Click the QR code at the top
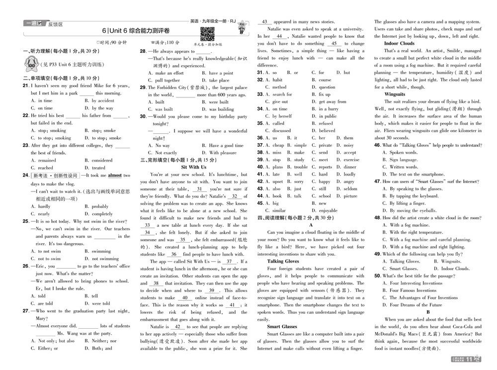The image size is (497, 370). [207, 34]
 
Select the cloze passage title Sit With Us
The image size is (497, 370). [193, 168]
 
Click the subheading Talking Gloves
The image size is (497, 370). [283, 261]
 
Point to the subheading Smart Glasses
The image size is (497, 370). [282, 327]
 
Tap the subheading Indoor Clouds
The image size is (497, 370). [399, 43]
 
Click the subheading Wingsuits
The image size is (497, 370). [395, 94]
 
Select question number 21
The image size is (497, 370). [25, 86]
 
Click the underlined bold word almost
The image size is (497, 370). [115, 176]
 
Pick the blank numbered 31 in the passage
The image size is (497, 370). [200, 189]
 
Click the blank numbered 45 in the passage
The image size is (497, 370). [334, 44]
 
